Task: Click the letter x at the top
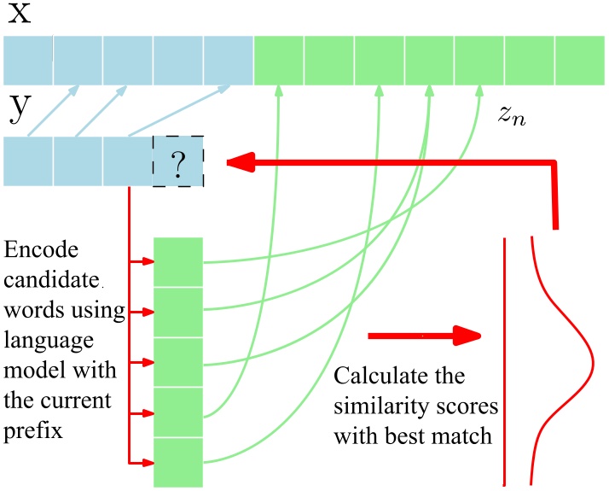coord(19,15)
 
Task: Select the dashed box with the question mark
coord(177,161)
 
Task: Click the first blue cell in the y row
coord(28,161)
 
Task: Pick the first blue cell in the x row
coord(28,60)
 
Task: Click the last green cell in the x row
coord(579,60)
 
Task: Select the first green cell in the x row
coord(278,60)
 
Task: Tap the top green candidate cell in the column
coord(178,262)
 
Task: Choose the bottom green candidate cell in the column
coord(178,463)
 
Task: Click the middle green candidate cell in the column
coord(178,362)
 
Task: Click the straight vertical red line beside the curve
coord(505,359)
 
